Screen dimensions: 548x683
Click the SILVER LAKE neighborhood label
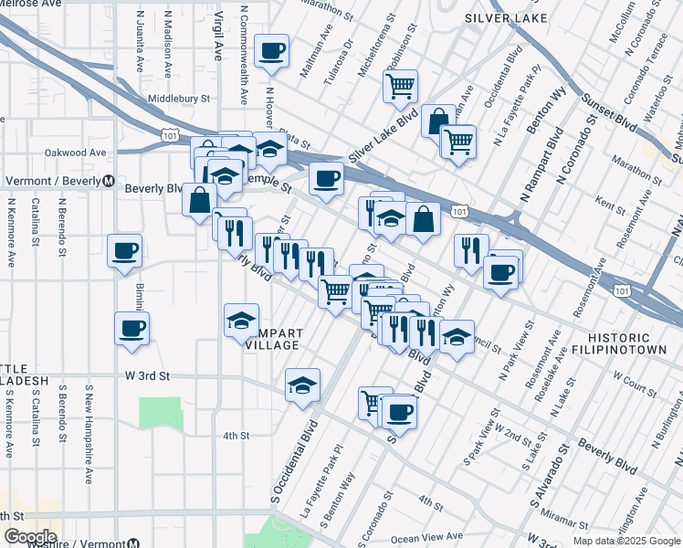pos(506,18)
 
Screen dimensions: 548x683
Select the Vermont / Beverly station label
pos(52,181)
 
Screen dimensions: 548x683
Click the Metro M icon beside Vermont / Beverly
pos(108,181)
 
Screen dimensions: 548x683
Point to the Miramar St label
pos(571,519)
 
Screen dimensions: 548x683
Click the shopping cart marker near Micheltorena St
pos(400,87)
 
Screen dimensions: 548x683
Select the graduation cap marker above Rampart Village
pos(242,321)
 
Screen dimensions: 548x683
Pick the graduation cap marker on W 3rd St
pos(302,385)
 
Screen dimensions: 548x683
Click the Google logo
pos(30,536)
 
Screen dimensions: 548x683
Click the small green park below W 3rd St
pos(162,414)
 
